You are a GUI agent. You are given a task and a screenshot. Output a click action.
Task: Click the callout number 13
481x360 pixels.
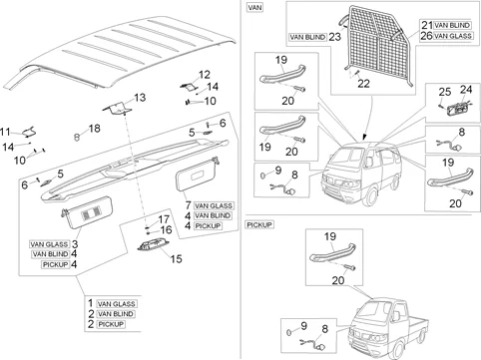tap(140, 98)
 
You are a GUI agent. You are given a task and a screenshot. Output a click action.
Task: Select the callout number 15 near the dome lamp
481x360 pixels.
tap(177, 258)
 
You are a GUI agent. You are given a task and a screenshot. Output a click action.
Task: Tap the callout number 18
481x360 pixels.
tap(95, 129)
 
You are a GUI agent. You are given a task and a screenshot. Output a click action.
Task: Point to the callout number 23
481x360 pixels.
tap(334, 37)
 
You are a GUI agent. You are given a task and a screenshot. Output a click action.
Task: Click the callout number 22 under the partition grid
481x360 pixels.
tap(363, 84)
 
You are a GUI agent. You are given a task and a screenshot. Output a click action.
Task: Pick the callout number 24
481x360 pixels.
tap(466, 90)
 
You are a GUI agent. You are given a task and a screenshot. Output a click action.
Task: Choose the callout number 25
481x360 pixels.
tap(445, 92)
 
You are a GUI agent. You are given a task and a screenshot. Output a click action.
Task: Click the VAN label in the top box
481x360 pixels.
tap(254, 7)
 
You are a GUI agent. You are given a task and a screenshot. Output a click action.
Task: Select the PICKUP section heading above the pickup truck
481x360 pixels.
tap(259, 224)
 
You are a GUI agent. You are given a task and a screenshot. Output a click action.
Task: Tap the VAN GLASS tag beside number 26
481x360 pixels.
tap(453, 36)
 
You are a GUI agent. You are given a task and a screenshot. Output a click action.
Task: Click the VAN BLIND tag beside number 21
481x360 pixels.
tap(452, 25)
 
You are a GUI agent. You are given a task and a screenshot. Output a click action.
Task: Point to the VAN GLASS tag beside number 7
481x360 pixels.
tap(214, 205)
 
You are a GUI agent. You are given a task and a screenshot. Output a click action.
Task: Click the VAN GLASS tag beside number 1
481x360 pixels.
tap(116, 304)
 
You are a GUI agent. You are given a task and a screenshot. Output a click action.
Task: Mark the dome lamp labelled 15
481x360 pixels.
tap(154, 245)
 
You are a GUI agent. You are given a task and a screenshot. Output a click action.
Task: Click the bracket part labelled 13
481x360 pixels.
tap(118, 108)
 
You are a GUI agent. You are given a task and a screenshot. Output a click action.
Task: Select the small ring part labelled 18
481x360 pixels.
tap(77, 136)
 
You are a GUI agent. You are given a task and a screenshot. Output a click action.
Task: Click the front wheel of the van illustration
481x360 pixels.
tap(371, 196)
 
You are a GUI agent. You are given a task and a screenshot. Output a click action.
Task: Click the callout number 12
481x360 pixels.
tap(205, 74)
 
